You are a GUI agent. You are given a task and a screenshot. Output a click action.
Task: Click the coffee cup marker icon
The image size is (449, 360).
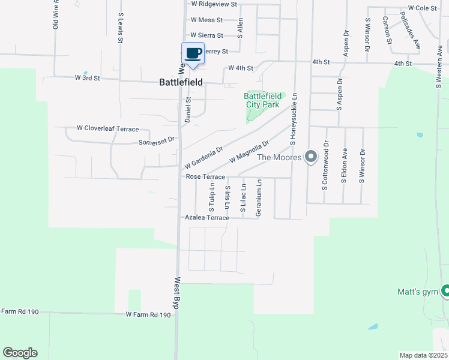click(193, 54)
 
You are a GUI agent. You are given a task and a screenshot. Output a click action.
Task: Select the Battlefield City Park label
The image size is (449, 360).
click(262, 100)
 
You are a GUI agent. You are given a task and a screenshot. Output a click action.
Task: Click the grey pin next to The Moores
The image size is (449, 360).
click(310, 157)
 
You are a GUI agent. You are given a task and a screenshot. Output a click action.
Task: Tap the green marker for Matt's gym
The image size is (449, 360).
click(445, 292)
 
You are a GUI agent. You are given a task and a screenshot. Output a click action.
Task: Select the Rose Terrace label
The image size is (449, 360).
click(205, 177)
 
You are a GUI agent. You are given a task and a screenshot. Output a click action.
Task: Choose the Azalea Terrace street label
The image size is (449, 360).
click(206, 218)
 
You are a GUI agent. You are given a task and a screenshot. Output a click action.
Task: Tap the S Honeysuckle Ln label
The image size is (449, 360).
click(294, 119)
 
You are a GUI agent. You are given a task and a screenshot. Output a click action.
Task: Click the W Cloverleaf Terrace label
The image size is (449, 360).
click(107, 129)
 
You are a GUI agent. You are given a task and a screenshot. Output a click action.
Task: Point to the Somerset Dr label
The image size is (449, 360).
click(156, 142)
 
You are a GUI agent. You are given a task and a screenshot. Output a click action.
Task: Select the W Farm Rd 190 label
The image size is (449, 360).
click(148, 314)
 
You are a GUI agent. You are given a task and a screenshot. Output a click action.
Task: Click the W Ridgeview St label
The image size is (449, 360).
click(214, 4)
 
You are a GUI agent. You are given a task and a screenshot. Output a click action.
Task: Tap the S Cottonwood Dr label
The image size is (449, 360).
click(326, 166)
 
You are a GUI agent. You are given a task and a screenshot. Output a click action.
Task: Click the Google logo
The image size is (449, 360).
click(20, 353)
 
